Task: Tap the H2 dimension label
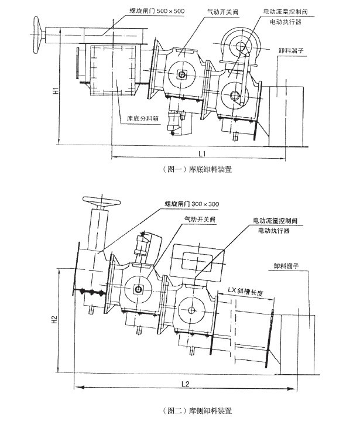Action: coord(53,320)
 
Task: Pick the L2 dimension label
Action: coord(184,383)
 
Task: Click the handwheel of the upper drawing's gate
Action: coord(40,30)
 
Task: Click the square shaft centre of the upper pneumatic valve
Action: coord(183,74)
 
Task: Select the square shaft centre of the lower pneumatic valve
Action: coord(139,289)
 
